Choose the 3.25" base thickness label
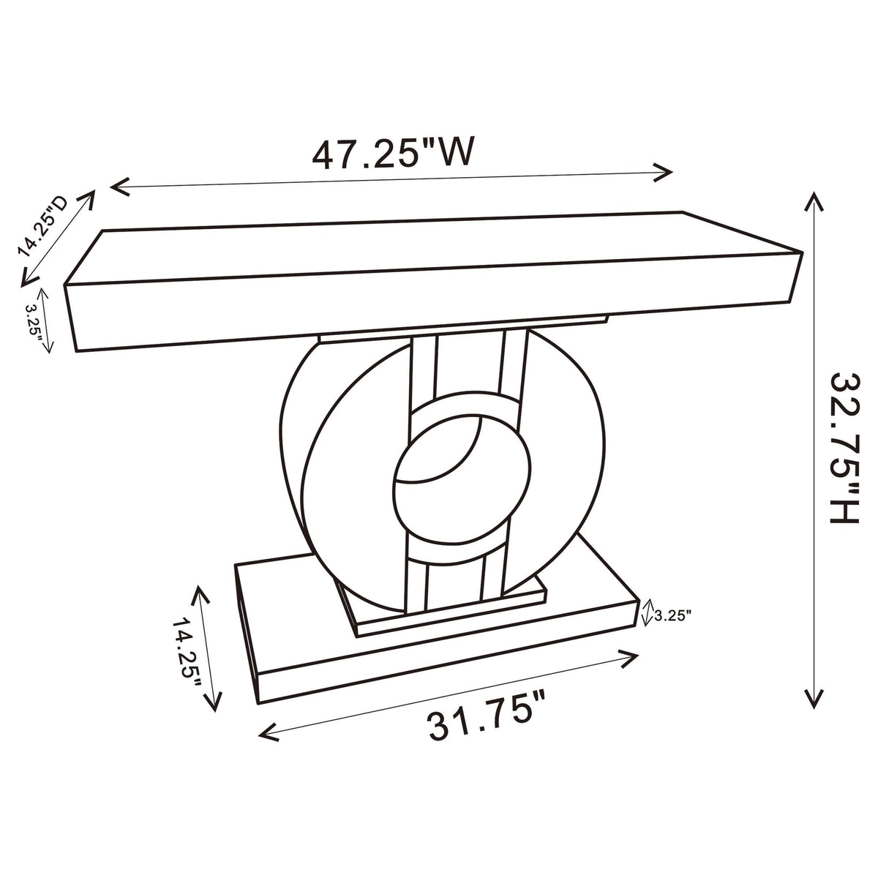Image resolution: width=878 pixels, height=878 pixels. click(673, 616)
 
